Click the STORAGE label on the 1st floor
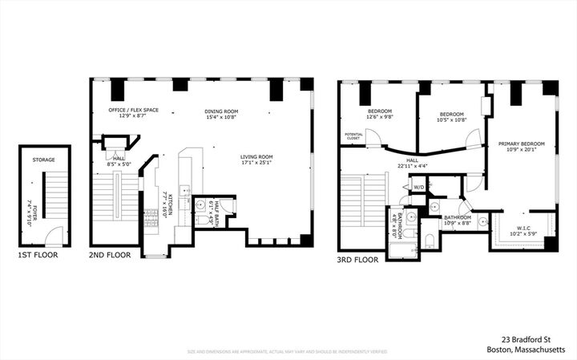point(44,160)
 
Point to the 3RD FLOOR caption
point(357,260)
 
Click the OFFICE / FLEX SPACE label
point(133,111)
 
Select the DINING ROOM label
point(221,111)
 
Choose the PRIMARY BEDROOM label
point(521,144)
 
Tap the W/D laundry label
point(418,187)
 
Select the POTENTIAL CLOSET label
point(353,136)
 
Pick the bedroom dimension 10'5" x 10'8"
point(451,121)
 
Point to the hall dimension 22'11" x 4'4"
point(413,167)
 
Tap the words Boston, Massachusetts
point(531,350)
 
